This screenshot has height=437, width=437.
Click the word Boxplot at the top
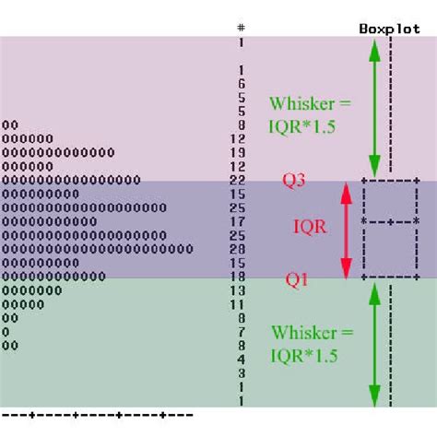pyautogui.click(x=389, y=28)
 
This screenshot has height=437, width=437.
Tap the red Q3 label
pyautogui.click(x=295, y=182)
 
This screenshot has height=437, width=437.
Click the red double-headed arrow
pyautogui.click(x=346, y=230)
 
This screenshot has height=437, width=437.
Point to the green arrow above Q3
pyautogui.click(x=373, y=106)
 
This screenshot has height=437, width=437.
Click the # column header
pyautogui.click(x=241, y=28)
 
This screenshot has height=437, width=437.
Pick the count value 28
pyautogui.click(x=237, y=249)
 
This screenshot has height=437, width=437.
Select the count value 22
pyautogui.click(x=237, y=180)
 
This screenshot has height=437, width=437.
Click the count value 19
pyautogui.click(x=237, y=152)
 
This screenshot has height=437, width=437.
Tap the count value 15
pyautogui.click(x=237, y=194)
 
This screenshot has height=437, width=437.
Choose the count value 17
pyautogui.click(x=237, y=221)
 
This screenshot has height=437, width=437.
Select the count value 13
pyautogui.click(x=237, y=290)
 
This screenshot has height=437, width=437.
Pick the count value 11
pyautogui.click(x=237, y=304)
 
